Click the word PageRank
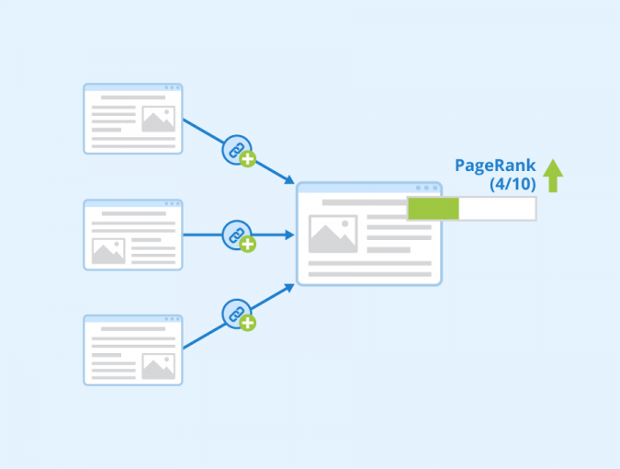[x=495, y=166]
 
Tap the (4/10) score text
[x=513, y=184]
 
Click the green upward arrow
[x=553, y=176]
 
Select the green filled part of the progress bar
[x=434, y=208]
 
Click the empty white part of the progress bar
[x=497, y=208]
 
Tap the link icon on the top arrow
[x=237, y=150]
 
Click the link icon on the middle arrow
[x=237, y=235]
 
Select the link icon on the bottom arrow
[x=237, y=314]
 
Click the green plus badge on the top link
[x=247, y=159]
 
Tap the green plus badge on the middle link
[x=247, y=245]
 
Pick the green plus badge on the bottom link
[x=247, y=323]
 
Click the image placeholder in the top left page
[x=159, y=119]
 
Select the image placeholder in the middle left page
[x=108, y=251]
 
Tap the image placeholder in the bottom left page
[x=159, y=366]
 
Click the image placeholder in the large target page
[x=333, y=234]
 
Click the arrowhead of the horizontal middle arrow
[x=290, y=235]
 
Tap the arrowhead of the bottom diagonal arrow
[x=290, y=288]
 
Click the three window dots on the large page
[x=426, y=188]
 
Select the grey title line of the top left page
[x=133, y=97]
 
